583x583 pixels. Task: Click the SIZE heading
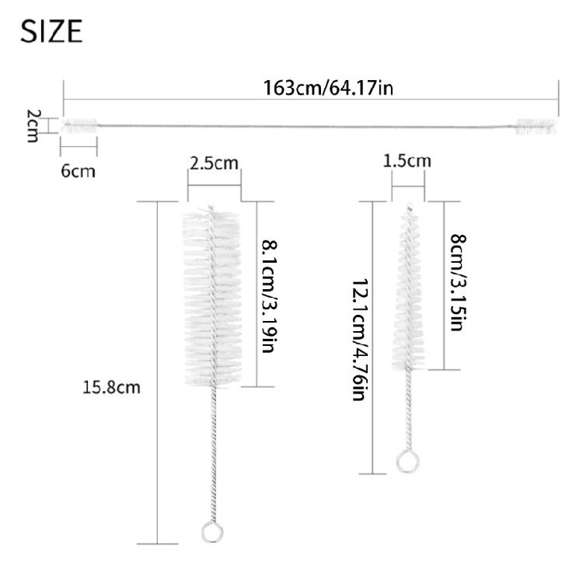pos(51,31)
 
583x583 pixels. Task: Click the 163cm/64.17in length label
pos(328,89)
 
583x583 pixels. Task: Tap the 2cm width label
pos(33,126)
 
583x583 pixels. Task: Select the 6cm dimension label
pos(78,171)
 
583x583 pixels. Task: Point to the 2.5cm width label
pos(214,163)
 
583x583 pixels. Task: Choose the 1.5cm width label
pos(407,161)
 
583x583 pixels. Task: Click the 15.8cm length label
pos(111,387)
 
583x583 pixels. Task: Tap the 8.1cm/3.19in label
pos(270,296)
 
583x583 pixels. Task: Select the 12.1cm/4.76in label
pos(360,340)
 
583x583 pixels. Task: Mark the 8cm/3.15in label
pos(458,282)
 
